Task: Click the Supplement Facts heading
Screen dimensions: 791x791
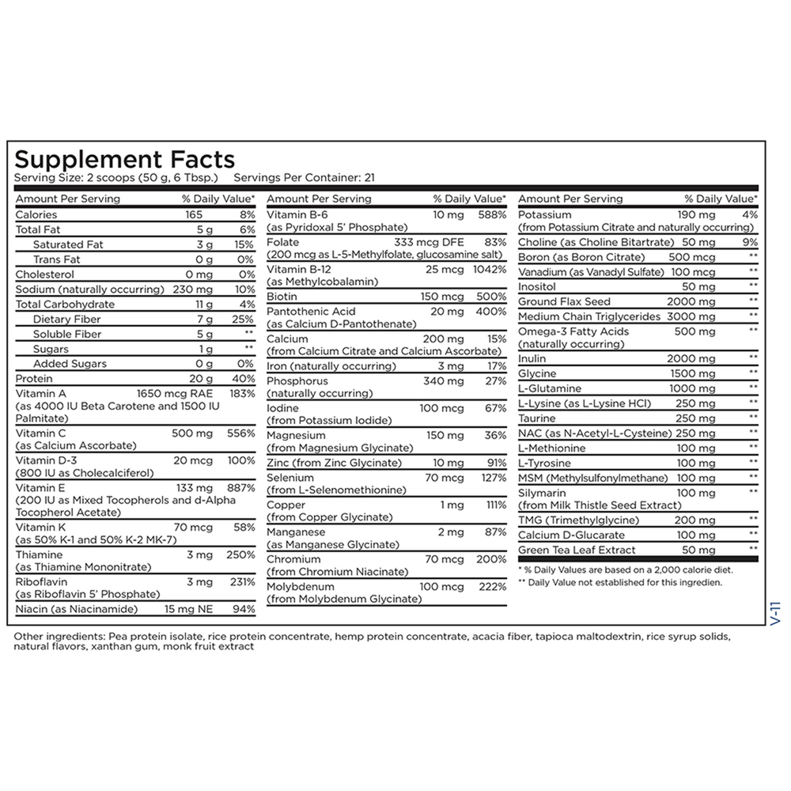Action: tap(124, 159)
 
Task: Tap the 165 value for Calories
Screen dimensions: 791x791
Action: tap(195, 214)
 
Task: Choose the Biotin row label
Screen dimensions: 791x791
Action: tap(282, 297)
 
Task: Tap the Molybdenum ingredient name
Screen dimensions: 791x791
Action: tap(301, 587)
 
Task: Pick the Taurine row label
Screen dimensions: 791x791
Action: tap(537, 418)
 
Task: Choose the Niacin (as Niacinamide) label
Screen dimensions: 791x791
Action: tap(76, 609)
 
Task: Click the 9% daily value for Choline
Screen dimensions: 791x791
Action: tap(750, 242)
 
